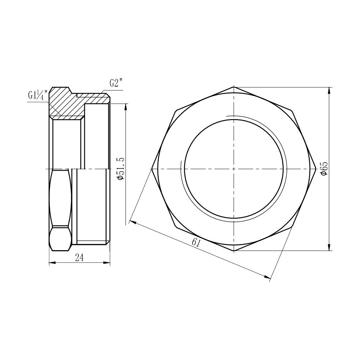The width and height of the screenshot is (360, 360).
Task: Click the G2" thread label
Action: (x=116, y=83)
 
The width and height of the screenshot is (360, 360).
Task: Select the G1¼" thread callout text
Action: (x=37, y=96)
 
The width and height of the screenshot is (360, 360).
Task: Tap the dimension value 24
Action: (x=80, y=257)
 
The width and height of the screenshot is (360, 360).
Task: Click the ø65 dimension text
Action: (x=324, y=168)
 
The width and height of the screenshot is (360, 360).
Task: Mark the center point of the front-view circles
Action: (x=234, y=168)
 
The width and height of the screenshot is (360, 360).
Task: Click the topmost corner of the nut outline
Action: (x=234, y=86)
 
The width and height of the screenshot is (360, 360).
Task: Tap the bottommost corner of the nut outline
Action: (x=234, y=251)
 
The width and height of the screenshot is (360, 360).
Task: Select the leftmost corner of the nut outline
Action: (x=152, y=168)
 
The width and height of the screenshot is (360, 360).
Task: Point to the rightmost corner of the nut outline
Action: (x=316, y=168)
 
